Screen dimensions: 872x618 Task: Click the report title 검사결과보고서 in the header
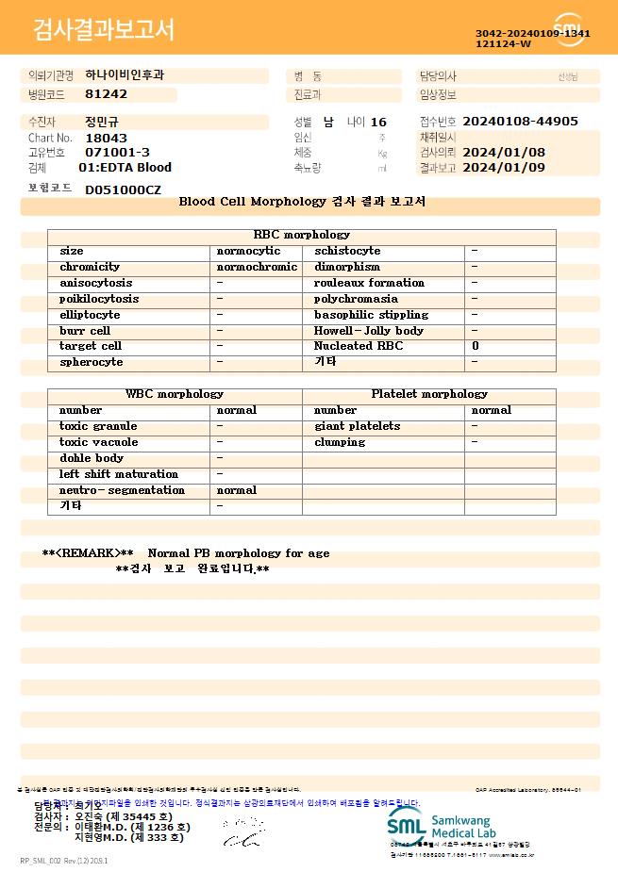(x=104, y=30)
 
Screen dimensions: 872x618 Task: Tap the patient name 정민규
(x=102, y=122)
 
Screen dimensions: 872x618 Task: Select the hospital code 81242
(x=106, y=94)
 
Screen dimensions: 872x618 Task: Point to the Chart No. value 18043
(x=106, y=138)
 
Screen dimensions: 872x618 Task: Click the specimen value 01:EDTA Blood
(x=125, y=168)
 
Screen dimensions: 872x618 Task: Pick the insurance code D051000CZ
(x=123, y=189)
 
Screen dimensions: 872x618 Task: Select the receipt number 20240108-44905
(x=520, y=122)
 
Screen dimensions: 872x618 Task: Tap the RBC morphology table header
(x=302, y=235)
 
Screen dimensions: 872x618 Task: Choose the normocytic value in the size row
(x=248, y=251)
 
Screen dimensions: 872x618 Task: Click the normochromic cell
(x=257, y=267)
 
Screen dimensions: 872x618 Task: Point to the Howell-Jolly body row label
(x=368, y=331)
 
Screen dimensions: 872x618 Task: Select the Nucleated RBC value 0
(x=476, y=347)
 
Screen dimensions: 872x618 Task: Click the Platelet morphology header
(x=429, y=394)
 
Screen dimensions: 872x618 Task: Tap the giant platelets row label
(x=357, y=426)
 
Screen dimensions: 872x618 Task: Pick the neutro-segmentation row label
(x=122, y=490)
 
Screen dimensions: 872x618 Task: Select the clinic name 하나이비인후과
(x=125, y=74)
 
